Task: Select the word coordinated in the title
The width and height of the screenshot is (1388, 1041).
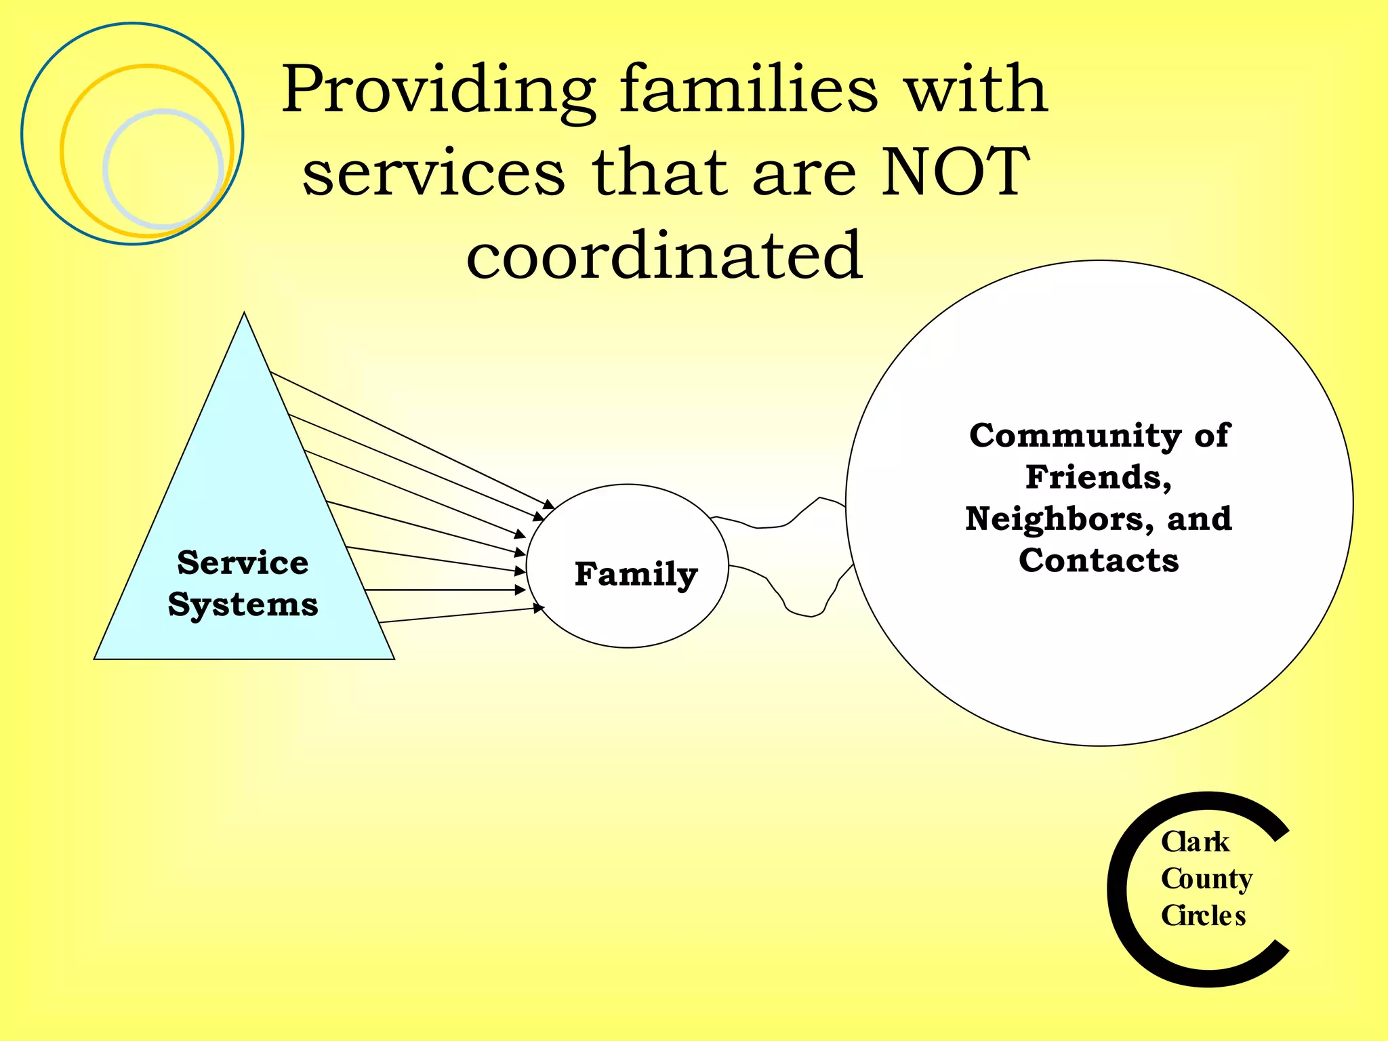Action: tap(665, 255)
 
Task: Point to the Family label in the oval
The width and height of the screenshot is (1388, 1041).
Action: tap(636, 574)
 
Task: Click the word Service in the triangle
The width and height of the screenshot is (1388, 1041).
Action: tap(243, 563)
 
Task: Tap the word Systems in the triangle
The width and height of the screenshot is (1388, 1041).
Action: tap(243, 605)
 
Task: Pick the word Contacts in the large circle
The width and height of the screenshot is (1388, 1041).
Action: tap(1099, 560)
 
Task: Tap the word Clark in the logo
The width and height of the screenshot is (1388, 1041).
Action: tap(1195, 842)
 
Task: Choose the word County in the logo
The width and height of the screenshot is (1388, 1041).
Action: tap(1206, 879)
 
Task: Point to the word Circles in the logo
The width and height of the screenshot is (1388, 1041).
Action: tap(1203, 916)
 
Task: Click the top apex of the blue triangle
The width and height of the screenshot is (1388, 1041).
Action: tap(244, 314)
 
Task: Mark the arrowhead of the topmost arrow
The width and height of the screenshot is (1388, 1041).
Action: tap(550, 505)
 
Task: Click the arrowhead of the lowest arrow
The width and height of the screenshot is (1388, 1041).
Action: tap(539, 608)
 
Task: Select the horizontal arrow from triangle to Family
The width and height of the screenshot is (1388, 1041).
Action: tap(444, 590)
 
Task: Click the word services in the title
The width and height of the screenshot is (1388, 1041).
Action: tap(434, 172)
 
